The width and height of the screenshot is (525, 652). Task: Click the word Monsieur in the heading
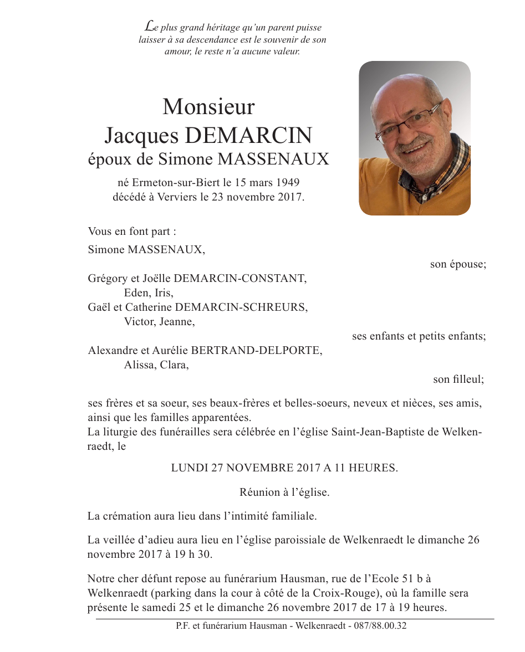click(208, 107)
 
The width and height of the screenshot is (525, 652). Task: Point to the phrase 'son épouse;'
click(458, 264)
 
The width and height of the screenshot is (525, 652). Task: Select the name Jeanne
click(179, 321)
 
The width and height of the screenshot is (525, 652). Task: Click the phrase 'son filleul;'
click(458, 379)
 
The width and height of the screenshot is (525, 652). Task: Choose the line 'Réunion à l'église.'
click(284, 492)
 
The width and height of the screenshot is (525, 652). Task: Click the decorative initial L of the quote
click(149, 25)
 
